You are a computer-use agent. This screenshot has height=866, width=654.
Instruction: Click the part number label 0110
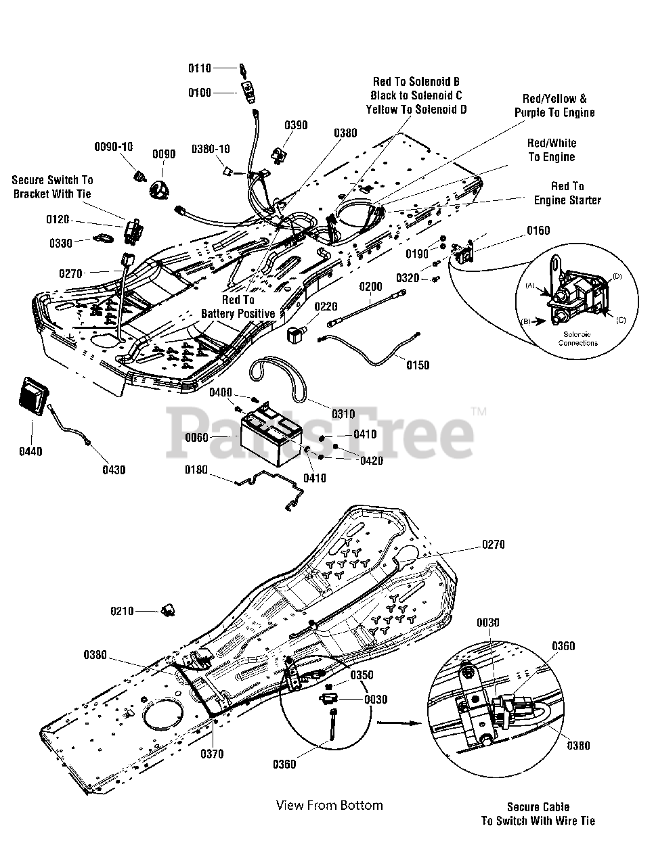[199, 68]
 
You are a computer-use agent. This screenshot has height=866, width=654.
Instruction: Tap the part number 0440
[30, 451]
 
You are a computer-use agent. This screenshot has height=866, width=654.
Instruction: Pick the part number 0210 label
[122, 612]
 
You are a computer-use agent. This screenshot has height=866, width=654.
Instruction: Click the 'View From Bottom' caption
[329, 805]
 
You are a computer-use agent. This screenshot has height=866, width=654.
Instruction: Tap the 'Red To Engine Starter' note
[567, 193]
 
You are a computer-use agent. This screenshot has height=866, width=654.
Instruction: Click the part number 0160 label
[538, 231]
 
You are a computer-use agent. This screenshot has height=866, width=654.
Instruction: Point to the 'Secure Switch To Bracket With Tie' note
[52, 187]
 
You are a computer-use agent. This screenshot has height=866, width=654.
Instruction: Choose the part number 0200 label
[370, 287]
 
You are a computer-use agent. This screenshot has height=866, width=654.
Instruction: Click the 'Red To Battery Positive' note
[238, 306]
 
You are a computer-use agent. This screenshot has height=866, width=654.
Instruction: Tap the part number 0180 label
[196, 470]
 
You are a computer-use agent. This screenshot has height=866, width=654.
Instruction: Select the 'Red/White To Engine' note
[552, 150]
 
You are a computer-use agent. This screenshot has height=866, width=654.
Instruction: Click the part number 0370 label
[212, 754]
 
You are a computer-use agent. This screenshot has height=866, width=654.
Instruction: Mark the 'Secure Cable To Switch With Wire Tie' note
[538, 814]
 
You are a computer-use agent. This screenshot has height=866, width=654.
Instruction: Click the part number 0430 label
[114, 470]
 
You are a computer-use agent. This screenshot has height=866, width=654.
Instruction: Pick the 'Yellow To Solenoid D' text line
[416, 110]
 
